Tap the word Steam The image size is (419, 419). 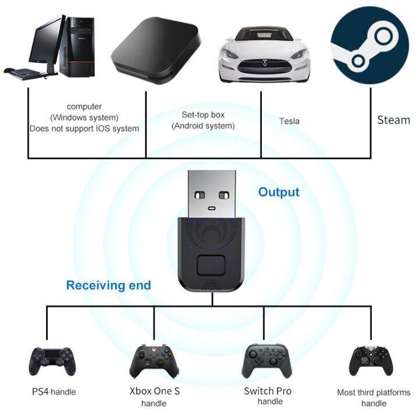(393, 120)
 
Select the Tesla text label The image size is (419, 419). (289, 121)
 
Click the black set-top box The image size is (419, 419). (155, 47)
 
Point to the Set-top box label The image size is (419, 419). (203, 115)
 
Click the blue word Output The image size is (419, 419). (279, 192)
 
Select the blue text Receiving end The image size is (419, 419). (108, 285)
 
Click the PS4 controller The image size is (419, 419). (52, 360)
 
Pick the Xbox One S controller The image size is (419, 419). (154, 360)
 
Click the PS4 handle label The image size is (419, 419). (54, 392)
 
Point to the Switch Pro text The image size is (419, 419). (268, 390)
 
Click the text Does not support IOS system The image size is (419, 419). (84, 128)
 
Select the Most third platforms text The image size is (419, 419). (374, 392)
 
